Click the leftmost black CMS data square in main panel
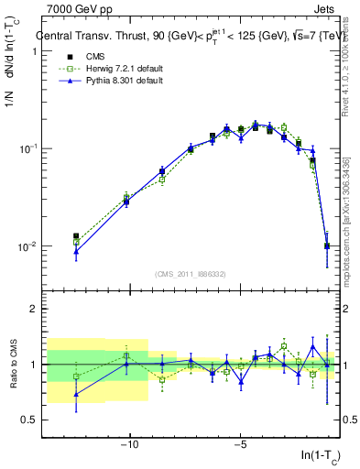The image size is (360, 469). click(x=76, y=236)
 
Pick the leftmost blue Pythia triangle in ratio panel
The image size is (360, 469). click(x=76, y=395)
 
